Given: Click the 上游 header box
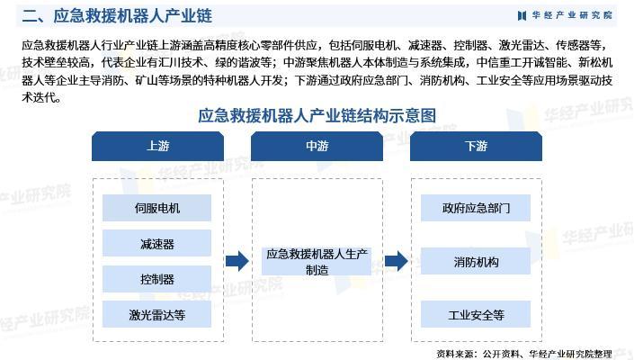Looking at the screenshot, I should pos(157,147).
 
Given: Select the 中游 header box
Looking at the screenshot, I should pos(317,147).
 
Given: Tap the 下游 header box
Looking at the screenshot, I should pos(476,147).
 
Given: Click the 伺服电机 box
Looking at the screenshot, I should pos(157,208).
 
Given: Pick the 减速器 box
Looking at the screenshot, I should pos(157,244).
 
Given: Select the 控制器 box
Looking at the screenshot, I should pos(157,279).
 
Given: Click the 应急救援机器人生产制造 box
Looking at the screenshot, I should pos(317,262).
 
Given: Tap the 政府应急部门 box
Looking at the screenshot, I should pos(476,208).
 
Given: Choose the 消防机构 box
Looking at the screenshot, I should pos(476,262).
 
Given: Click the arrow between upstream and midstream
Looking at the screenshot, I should pos(237,262).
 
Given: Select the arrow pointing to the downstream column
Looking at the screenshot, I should pos(396,262).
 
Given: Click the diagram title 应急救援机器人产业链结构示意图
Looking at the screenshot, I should pos(317,115).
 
